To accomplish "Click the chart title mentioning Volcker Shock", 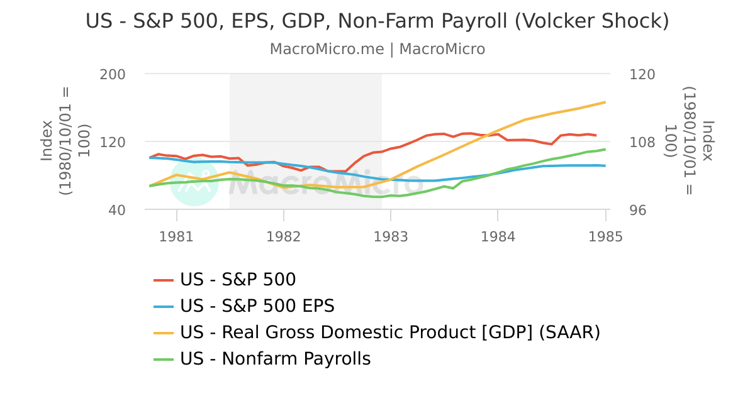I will pos(377,21).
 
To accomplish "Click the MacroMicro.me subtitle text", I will pos(377,49).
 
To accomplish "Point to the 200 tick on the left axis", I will pos(113,74).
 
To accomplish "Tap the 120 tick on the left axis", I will pos(113,142).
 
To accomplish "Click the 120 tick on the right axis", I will pos(642,74).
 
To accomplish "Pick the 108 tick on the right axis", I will pos(642,142).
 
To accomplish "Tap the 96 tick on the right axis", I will pos(638,210).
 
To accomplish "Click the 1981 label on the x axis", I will pos(176,236).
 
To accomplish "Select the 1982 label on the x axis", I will pos(283,236).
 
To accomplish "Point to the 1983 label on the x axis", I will pos(391,236).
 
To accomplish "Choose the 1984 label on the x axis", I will pos(498,236).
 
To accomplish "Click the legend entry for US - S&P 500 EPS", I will pos(257,306).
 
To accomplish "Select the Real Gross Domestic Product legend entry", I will pos(389,332).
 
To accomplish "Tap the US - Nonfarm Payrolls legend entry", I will pos(275,359).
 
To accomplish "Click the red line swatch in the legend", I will pos(164,280).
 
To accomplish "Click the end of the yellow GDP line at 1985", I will pos(605,102).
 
